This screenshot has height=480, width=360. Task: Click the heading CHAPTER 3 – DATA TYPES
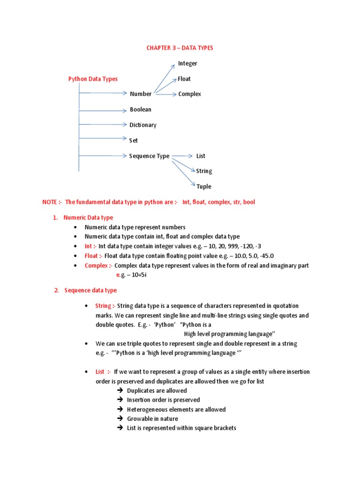[x=180, y=48]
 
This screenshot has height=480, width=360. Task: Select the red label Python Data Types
[x=93, y=79]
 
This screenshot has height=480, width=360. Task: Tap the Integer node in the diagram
[x=187, y=63]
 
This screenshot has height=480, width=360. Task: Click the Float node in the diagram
[x=184, y=79]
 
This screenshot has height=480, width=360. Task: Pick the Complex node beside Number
[x=189, y=94]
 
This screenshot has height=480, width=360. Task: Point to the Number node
[x=141, y=94]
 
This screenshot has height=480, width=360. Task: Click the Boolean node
[x=141, y=110]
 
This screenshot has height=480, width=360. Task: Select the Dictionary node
[x=143, y=125]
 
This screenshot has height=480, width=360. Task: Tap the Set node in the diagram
[x=134, y=140]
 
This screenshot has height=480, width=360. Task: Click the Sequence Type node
[x=149, y=156]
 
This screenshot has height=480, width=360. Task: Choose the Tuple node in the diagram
[x=204, y=187]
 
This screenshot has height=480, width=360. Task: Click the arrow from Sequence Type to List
[x=182, y=156]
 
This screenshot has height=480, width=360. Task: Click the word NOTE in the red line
[x=49, y=202]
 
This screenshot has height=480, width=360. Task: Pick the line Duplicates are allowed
[x=157, y=390]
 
